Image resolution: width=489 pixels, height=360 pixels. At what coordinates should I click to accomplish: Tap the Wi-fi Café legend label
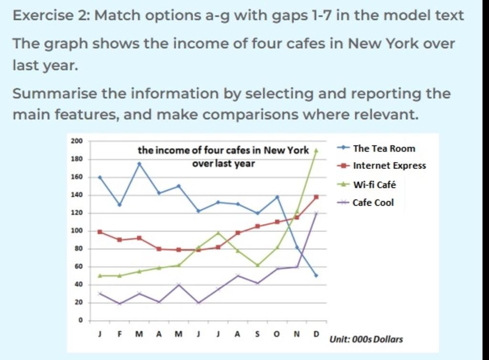(x=374, y=184)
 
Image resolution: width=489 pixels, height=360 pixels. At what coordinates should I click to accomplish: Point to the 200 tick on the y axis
(x=77, y=141)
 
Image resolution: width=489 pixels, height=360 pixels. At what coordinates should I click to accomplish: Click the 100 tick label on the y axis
(x=77, y=231)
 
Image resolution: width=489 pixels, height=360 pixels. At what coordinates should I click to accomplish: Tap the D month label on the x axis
(x=316, y=334)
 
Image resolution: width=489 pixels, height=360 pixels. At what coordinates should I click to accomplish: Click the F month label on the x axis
(x=119, y=334)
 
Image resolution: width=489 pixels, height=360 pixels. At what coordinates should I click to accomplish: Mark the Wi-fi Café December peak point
(x=316, y=150)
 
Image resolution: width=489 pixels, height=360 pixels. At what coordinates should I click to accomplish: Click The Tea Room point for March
(x=139, y=164)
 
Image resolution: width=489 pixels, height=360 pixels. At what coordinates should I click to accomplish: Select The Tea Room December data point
(x=316, y=275)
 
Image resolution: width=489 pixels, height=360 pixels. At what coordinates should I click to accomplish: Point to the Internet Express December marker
(x=316, y=197)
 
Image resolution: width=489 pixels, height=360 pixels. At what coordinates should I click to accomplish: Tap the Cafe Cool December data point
(x=316, y=213)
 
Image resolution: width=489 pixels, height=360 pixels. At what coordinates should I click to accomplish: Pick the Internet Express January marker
(x=100, y=232)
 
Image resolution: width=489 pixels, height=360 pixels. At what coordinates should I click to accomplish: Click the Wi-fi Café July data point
(x=218, y=233)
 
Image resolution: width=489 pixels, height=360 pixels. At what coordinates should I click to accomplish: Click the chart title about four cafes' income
(x=223, y=157)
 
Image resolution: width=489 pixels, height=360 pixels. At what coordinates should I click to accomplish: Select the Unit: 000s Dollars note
(x=366, y=339)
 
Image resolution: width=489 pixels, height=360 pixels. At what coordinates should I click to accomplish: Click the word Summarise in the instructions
(x=54, y=94)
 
